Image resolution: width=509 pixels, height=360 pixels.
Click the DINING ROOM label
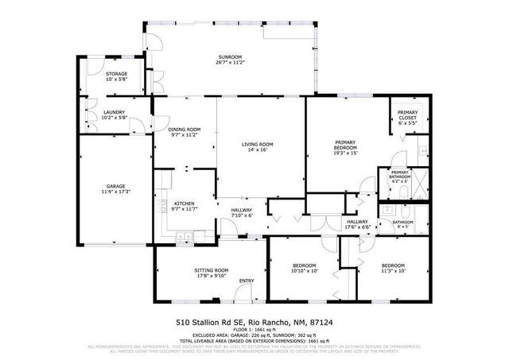(184, 129)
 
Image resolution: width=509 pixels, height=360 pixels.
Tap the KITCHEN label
(185, 203)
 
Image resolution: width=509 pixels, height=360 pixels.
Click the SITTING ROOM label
(212, 270)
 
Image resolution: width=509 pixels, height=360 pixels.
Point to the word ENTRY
(247, 280)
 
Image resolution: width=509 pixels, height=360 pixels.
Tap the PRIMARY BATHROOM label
(399, 174)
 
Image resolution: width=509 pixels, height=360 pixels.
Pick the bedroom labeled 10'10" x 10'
(304, 265)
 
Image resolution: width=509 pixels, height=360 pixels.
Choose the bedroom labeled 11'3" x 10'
(393, 265)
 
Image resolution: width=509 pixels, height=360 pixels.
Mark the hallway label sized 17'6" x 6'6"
(357, 222)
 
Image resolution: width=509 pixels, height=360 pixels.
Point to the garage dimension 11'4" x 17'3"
(115, 192)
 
